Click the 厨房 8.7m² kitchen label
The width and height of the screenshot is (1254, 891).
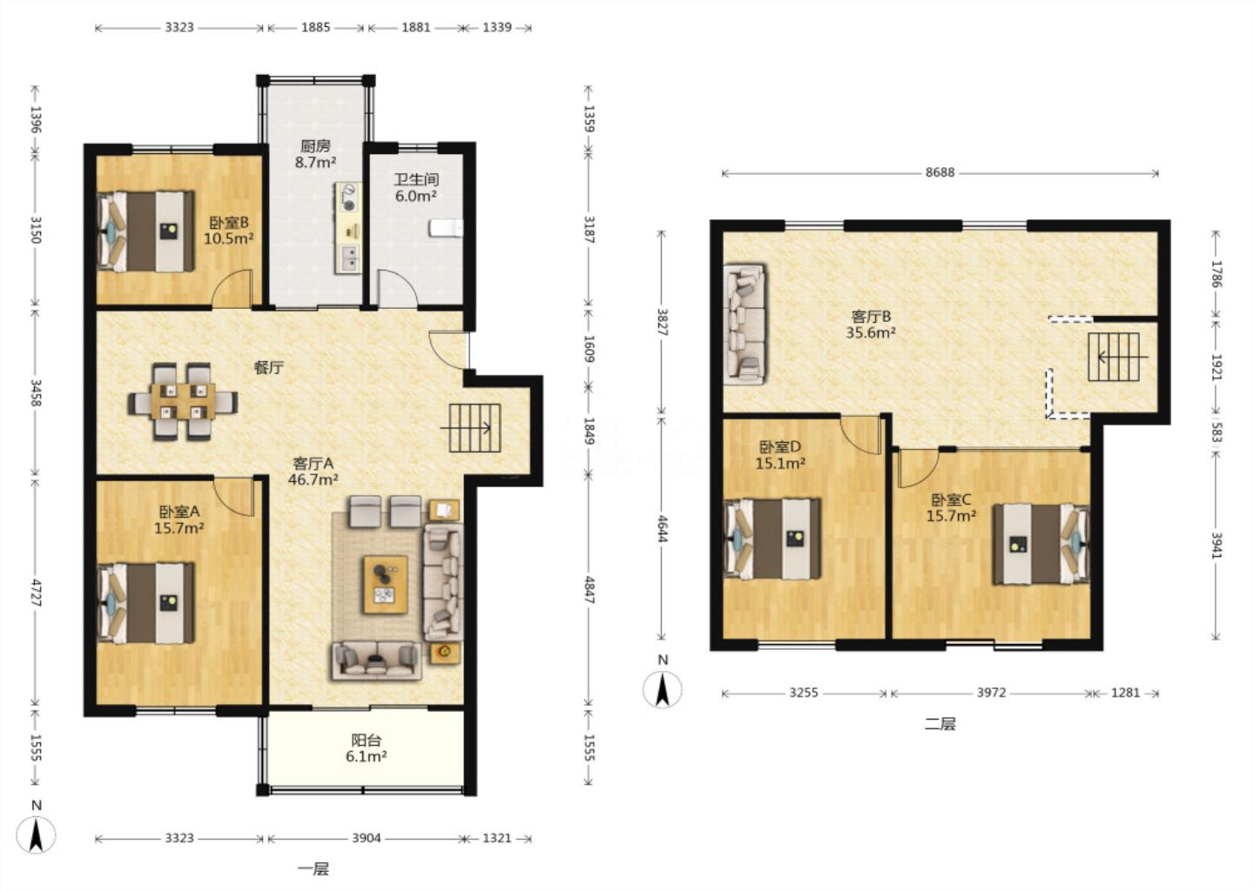coord(316,154)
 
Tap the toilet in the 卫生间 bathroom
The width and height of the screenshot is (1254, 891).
coord(446,228)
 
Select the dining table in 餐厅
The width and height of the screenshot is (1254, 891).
coord(183,402)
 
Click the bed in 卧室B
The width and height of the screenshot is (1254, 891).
coord(146,231)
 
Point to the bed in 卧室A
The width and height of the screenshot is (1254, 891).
coord(146,603)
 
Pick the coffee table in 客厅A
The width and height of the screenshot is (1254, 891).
coord(385,585)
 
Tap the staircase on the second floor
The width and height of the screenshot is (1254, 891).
coord(1114,357)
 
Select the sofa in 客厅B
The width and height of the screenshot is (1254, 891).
coord(745,325)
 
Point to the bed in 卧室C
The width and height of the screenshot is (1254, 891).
coord(1042,544)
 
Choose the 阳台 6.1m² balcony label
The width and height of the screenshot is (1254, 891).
coord(366,748)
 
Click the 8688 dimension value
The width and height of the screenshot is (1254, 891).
coord(940,172)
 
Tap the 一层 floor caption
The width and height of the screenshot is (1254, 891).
coord(313,868)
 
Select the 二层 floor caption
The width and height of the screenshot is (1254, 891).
coord(940,724)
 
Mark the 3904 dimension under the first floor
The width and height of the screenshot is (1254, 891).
coord(366,838)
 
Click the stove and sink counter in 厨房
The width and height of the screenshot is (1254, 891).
coord(348,228)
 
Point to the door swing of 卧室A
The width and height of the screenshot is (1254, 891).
coord(234,496)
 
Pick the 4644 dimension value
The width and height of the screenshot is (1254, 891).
coord(662,528)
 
